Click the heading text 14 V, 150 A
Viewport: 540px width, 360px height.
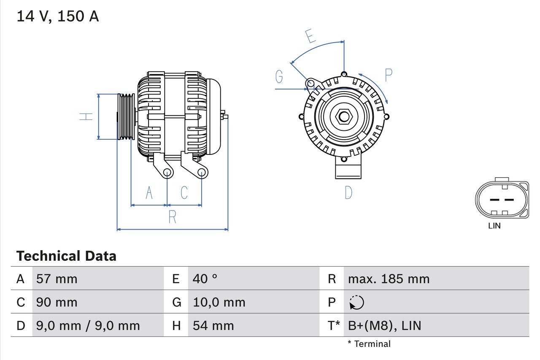coord(58,16)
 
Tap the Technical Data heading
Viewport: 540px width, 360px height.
coord(66,256)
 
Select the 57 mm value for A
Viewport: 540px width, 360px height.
coord(57,279)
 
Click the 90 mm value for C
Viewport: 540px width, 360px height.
coord(57,302)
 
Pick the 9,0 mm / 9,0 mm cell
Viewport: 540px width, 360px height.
coord(88,325)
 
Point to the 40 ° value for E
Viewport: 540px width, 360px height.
coord(205,279)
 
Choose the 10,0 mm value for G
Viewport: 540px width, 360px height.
coord(219,302)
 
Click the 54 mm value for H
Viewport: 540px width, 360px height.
coord(213,325)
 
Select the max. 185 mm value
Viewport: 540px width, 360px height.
coord(389,279)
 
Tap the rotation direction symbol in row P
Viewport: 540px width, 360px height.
coord(356,302)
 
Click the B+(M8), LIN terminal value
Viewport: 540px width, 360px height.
coord(384,325)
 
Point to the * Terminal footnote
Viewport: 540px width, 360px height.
coord(369,344)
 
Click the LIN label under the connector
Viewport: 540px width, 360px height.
coord(494,226)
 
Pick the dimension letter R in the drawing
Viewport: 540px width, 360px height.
coord(172,217)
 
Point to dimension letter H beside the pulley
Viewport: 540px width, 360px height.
coord(86,116)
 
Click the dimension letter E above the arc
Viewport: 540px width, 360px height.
coord(311,37)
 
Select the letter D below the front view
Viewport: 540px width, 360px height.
coord(348,192)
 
